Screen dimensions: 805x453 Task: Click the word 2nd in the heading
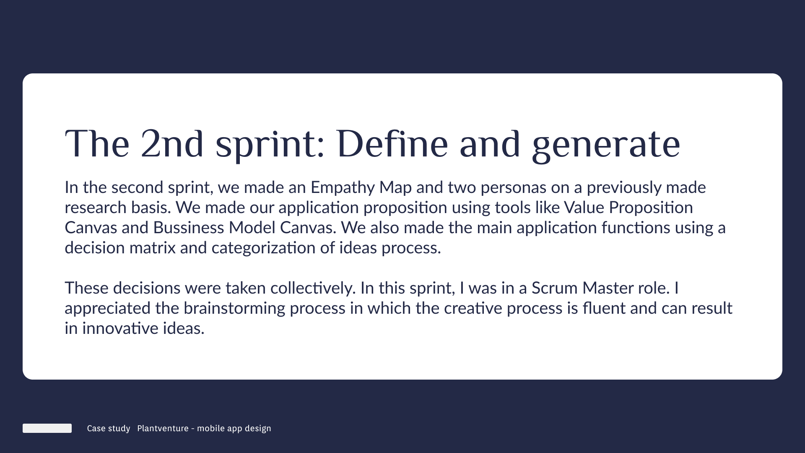(172, 143)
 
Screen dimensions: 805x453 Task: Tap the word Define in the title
(392, 143)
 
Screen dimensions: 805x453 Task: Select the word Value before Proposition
(584, 208)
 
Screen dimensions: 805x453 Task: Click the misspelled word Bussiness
(189, 228)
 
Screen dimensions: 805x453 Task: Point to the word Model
(252, 228)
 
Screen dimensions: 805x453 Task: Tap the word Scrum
(555, 288)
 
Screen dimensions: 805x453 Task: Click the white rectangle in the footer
(47, 428)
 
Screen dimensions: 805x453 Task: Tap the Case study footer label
(109, 428)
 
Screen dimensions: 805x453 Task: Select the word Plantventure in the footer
(163, 428)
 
